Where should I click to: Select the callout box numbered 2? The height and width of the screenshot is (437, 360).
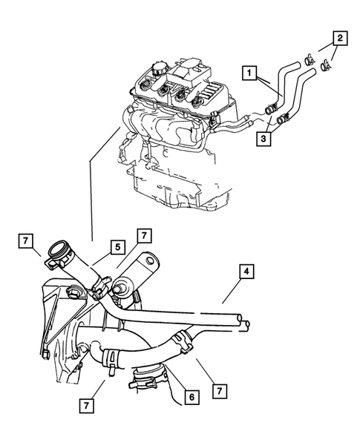pyautogui.click(x=338, y=37)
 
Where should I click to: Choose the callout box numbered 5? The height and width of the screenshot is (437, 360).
pyautogui.click(x=117, y=247)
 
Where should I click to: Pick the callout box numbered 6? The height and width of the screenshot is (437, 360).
pyautogui.click(x=191, y=397)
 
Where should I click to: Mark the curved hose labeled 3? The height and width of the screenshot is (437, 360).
pyautogui.click(x=301, y=93)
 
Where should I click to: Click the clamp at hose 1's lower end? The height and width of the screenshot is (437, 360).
pyautogui.click(x=267, y=111)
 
